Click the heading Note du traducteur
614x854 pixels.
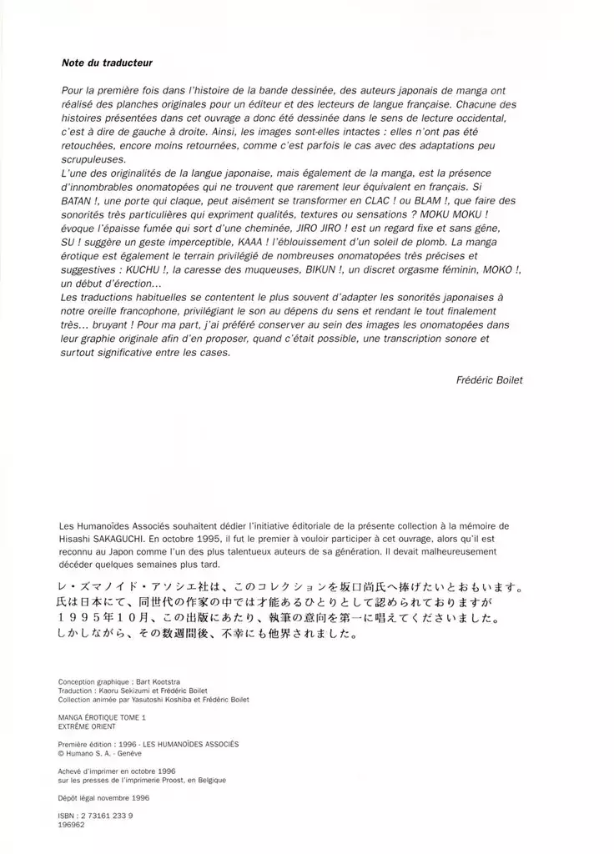[x=107, y=63]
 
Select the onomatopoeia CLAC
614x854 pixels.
[x=374, y=201]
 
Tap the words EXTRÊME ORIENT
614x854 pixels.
[x=88, y=726]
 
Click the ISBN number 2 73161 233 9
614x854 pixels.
[x=104, y=815]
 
